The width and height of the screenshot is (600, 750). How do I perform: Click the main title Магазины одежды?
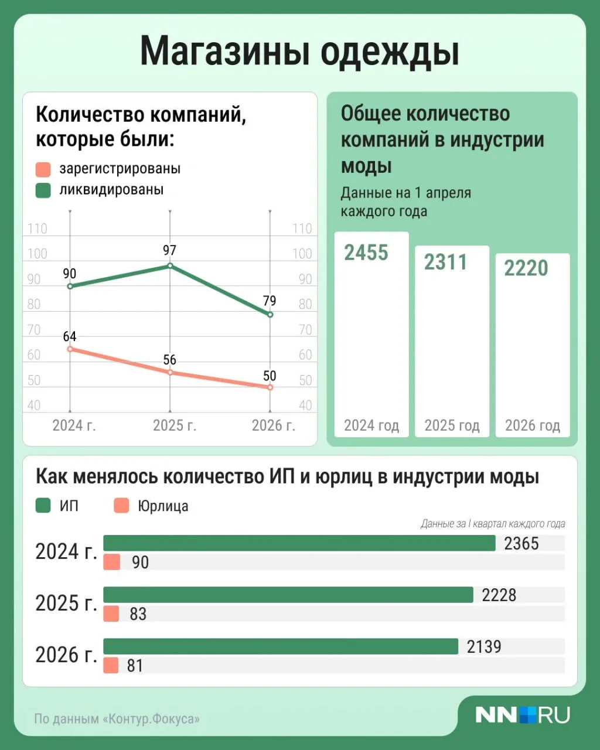point(299,52)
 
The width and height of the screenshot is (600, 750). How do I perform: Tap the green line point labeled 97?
point(170,265)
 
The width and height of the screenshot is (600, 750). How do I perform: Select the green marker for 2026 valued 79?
point(270,315)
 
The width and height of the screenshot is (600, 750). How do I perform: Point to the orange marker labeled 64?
point(70,349)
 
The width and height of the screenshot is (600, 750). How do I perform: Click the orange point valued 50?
point(270,387)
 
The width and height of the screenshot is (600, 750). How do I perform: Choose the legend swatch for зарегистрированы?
point(43,169)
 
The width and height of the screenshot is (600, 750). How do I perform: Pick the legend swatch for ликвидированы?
point(43,190)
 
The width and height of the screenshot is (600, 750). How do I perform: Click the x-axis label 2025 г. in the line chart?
point(175,425)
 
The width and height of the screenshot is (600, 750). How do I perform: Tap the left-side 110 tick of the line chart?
point(37,229)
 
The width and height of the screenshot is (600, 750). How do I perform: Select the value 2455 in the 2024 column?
point(366,253)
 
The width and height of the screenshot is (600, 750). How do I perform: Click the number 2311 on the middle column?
point(445,262)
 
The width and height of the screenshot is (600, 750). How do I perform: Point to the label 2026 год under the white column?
point(533,425)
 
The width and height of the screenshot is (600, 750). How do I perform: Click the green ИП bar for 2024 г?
point(299,543)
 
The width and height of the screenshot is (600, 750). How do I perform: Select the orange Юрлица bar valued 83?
point(111,613)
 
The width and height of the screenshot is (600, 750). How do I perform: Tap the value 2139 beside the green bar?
point(484,647)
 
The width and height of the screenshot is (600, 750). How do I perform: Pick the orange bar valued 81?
point(111,665)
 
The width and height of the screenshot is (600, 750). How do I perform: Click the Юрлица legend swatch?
point(121,505)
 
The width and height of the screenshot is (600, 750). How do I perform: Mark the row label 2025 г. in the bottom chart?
point(66,604)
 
